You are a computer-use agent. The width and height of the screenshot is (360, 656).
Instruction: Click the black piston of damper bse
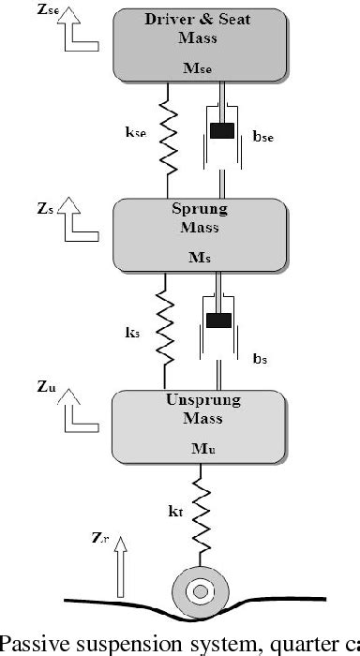pyautogui.click(x=221, y=132)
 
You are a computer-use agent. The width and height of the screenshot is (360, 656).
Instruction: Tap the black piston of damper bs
pyautogui.click(x=218, y=320)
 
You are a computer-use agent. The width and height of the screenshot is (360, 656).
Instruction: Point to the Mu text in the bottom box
pyautogui.click(x=204, y=451)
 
